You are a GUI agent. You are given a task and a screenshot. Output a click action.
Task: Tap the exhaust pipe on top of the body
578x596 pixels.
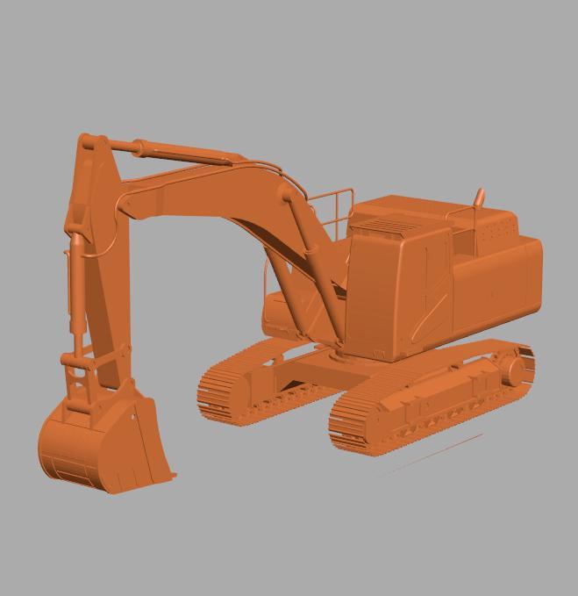point(479,197)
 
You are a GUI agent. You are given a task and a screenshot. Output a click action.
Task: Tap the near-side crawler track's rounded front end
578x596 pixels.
point(344,430)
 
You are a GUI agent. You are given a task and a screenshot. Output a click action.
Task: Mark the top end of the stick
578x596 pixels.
point(88,142)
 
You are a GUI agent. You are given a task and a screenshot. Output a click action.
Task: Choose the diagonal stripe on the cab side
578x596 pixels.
point(430,307)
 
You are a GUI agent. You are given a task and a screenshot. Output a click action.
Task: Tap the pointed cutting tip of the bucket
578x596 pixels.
point(172,477)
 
